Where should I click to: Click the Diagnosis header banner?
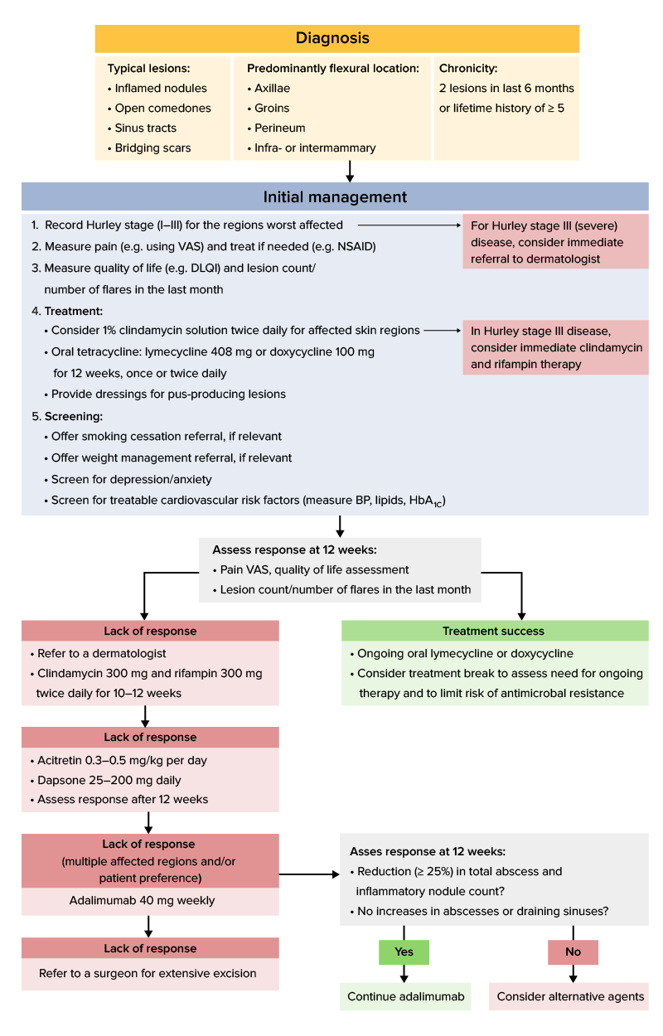pos(336,39)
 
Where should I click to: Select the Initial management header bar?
pos(335,197)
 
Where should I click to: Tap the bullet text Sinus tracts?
pos(146,128)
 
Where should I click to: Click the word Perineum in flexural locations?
pos(280,128)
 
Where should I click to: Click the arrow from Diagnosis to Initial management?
pos(350,171)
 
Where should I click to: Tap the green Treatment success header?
pos(494,631)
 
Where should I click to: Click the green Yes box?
pos(404,952)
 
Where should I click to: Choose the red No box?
pos(573,952)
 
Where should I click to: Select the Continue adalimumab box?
pos(405,996)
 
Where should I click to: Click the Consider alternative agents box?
pos(570,996)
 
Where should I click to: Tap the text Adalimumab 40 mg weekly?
pos(149,900)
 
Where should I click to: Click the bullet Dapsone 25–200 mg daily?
pos(109,780)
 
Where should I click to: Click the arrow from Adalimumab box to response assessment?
pos(308,874)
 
